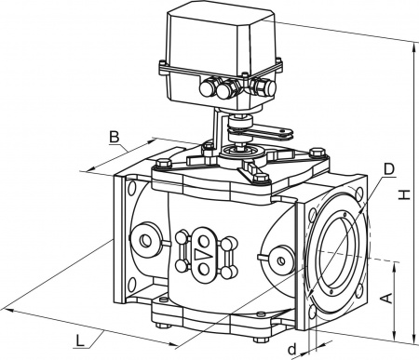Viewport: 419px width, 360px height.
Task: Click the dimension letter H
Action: click(404, 194)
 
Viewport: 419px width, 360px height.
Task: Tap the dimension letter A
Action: click(386, 298)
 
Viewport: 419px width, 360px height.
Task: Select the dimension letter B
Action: click(115, 137)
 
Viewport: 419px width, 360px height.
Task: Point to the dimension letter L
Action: click(80, 341)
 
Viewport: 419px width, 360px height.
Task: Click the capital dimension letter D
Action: click(388, 169)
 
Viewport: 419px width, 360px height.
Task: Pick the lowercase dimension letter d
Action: click(291, 350)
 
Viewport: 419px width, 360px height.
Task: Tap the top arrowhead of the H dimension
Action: click(413, 47)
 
